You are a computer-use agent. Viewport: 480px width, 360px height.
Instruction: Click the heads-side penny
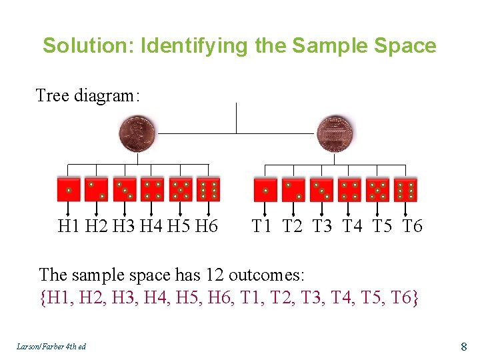[x=137, y=134]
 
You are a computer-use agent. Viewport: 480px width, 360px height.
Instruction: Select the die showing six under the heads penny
[x=209, y=189]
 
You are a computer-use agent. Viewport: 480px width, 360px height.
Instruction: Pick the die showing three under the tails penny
[x=321, y=189]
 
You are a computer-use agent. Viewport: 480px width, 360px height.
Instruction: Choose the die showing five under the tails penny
[x=377, y=189]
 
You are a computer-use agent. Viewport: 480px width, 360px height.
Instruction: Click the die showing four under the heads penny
[x=153, y=189]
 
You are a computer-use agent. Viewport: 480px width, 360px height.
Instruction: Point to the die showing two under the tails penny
[x=293, y=189]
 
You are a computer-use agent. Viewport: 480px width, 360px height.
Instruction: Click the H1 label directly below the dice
[x=69, y=227]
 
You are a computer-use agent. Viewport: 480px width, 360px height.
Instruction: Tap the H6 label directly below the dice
[x=207, y=227]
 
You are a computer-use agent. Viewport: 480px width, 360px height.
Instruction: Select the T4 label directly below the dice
[x=352, y=227]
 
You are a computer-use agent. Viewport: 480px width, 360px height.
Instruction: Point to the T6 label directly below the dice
[x=413, y=227]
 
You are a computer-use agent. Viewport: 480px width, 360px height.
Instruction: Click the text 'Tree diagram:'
[x=87, y=96]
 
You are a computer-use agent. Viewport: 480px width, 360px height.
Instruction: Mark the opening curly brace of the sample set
[x=44, y=297]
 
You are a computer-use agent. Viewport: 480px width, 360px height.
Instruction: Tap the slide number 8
[x=464, y=346]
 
